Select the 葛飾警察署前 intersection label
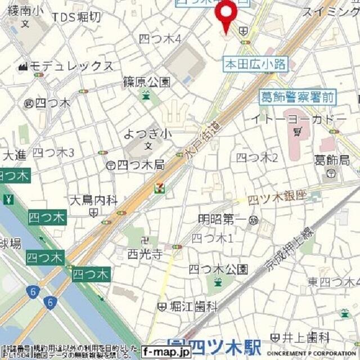[x=298, y=97]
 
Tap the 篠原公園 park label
[x=146, y=82]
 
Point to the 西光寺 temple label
[x=145, y=254]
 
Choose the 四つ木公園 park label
[x=218, y=269]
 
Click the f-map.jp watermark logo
[x=166, y=353]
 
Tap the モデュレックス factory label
[x=71, y=66]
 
